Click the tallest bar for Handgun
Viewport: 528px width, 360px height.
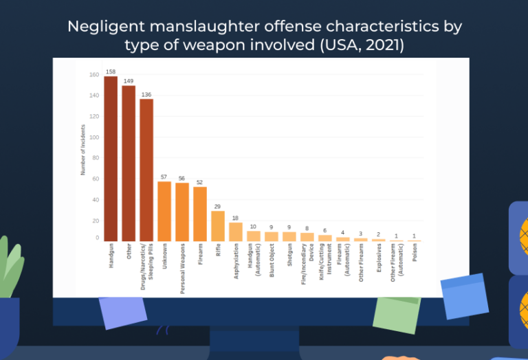coord(110,158)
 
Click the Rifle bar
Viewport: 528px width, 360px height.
coord(217,226)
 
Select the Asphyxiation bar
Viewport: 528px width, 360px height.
coord(235,232)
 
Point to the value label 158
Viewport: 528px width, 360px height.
coord(110,72)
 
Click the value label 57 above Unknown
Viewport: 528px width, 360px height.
coord(164,177)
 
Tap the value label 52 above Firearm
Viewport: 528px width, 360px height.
coord(199,182)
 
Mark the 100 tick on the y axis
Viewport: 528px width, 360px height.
coord(94,137)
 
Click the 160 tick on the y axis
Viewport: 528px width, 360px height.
coord(94,74)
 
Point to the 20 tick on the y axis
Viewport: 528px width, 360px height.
coord(94,221)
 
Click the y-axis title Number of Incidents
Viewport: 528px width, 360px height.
coord(82,149)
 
